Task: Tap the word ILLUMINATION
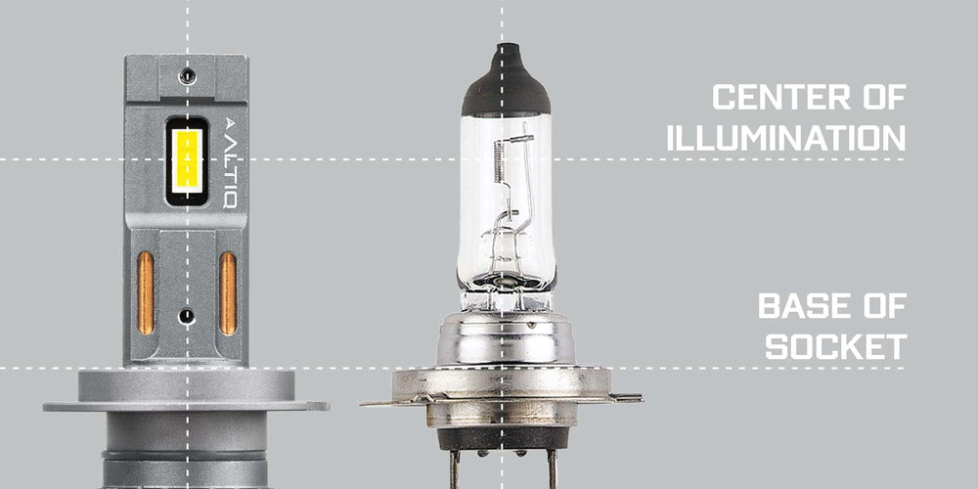point(786,138)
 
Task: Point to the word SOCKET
point(836,346)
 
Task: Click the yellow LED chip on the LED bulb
point(187,161)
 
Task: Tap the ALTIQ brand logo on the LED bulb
point(231,162)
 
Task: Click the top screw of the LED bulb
point(187,76)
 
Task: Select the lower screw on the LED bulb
point(187,316)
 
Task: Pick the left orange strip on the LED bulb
point(146,293)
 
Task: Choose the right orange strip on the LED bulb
point(228,293)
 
